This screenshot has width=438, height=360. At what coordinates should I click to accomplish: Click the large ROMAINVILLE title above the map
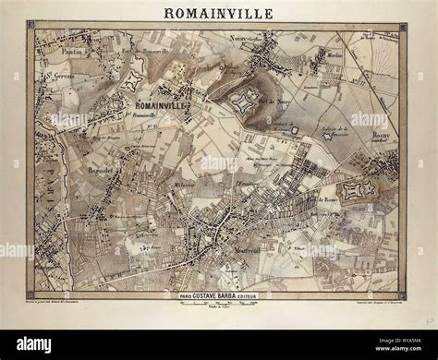[x=219, y=13]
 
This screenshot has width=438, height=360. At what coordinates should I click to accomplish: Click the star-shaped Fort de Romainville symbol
[x=130, y=81]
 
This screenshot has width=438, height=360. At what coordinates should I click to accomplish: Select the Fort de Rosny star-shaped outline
[x=358, y=190]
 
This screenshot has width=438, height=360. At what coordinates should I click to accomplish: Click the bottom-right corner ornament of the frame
[x=404, y=297]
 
